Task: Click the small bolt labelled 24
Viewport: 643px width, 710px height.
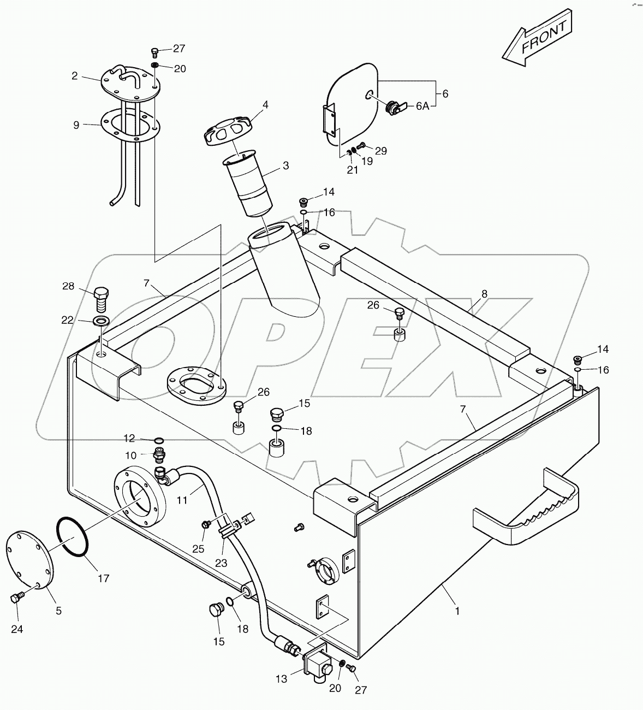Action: pos(16,599)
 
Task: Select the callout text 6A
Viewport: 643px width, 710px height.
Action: pos(422,106)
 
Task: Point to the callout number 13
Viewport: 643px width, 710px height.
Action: pos(281,679)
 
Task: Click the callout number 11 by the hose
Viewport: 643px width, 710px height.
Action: pos(182,499)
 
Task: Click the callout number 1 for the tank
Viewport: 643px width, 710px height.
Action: pos(457,611)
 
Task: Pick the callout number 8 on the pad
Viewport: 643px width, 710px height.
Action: pos(484,294)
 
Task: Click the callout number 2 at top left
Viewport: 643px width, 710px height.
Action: pos(75,76)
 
